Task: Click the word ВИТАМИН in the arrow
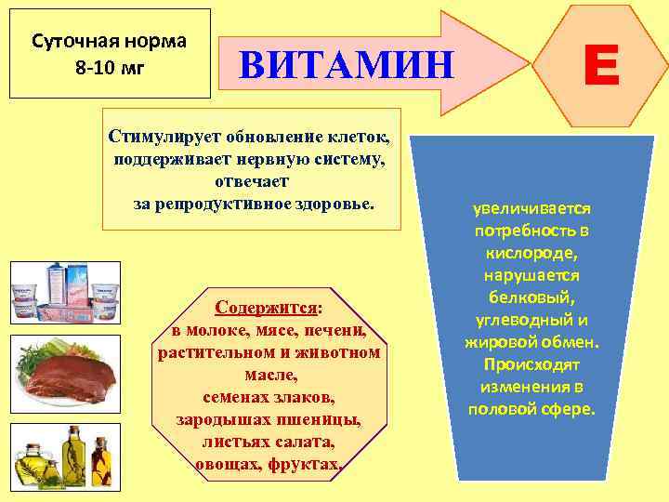click(x=346, y=65)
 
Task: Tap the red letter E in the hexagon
click(x=601, y=67)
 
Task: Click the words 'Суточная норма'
click(x=109, y=42)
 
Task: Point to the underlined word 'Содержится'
click(x=267, y=307)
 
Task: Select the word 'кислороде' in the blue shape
click(x=532, y=252)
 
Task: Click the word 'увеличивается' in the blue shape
click(x=532, y=209)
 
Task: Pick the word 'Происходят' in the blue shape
click(x=532, y=364)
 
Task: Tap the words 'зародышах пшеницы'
click(x=268, y=419)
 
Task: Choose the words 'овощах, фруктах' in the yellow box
click(x=268, y=463)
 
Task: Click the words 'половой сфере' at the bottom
click(x=532, y=409)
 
